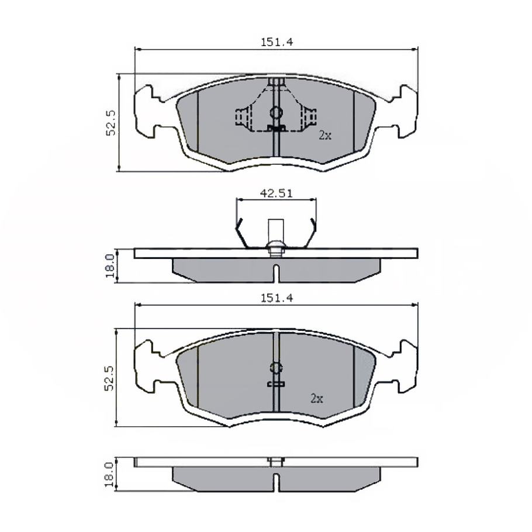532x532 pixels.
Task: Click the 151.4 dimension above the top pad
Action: (x=276, y=42)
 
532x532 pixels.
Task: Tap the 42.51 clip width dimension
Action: (x=276, y=193)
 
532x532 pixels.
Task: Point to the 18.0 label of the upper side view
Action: (x=110, y=266)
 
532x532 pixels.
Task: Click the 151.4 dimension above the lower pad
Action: (x=276, y=297)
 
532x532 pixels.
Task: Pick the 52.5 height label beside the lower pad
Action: (x=110, y=377)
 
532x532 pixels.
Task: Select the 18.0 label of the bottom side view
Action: (x=109, y=474)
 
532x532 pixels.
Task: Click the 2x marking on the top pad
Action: (x=325, y=135)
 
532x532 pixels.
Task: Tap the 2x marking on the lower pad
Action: (x=316, y=399)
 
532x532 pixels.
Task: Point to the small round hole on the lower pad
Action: (x=276, y=368)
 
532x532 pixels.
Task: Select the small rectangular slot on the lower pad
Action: (x=275, y=385)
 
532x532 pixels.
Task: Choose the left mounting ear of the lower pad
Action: (x=148, y=365)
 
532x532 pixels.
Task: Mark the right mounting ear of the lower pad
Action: (x=404, y=365)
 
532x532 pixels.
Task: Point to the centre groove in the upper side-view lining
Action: (x=276, y=272)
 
